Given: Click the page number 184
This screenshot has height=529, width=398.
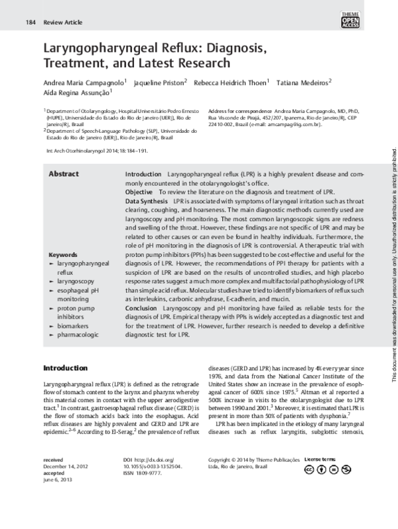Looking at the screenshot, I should click(x=31, y=22).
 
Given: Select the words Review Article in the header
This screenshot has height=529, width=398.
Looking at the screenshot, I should click(x=62, y=22).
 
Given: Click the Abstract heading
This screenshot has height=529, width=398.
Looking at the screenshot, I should click(x=64, y=174).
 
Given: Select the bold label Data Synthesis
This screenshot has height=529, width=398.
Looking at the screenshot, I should click(x=147, y=200).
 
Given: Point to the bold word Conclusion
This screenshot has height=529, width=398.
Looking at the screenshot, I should click(x=141, y=308).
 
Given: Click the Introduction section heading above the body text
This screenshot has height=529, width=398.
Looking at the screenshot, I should click(x=65, y=368).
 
